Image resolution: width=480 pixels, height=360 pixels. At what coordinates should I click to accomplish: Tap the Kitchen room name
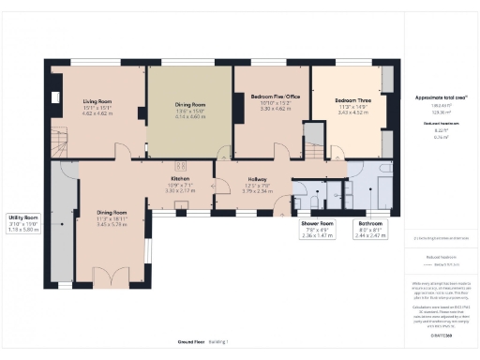click(x=180, y=178)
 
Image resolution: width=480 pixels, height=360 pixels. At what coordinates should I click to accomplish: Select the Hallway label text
click(x=257, y=179)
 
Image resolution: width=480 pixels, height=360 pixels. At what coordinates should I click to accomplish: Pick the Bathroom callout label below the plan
click(x=370, y=223)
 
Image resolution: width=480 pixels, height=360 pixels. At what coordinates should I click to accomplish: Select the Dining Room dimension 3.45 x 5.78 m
click(x=112, y=224)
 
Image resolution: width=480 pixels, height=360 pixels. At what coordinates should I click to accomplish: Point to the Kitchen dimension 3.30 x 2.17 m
click(x=180, y=190)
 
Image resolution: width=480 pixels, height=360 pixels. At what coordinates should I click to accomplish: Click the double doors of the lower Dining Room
click(x=112, y=277)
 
